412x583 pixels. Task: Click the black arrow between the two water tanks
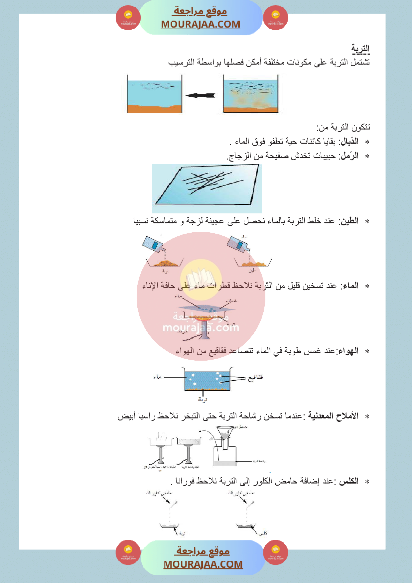tap(201, 95)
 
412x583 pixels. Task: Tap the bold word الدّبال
tap(349, 142)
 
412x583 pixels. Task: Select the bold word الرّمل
tap(349, 156)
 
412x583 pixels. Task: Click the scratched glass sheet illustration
tap(207, 188)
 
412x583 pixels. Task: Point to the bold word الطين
tap(349, 221)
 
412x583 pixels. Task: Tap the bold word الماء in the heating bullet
tap(349, 286)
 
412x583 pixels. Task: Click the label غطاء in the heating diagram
tap(231, 301)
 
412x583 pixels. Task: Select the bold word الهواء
tap(348, 351)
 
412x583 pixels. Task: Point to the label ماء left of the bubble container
tap(157, 377)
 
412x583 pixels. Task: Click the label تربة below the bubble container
tap(203, 400)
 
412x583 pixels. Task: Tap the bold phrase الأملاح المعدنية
tap(333, 416)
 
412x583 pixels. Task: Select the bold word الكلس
tap(349, 481)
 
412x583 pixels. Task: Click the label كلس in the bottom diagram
tap(263, 533)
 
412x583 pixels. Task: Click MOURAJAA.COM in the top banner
tap(201, 24)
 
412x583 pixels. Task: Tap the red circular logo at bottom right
tap(275, 552)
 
